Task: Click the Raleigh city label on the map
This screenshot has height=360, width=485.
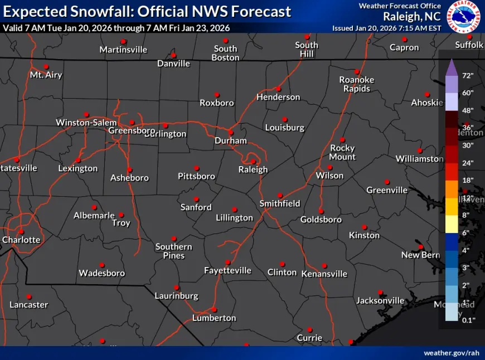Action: (253, 169)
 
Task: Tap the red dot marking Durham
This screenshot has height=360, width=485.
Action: (230, 133)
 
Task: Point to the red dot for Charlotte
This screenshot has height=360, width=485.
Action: (21, 232)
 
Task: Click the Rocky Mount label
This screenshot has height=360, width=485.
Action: (342, 152)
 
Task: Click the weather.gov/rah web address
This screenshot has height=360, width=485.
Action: (451, 353)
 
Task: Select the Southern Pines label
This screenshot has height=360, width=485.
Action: (174, 251)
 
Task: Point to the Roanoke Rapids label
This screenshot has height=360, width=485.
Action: (357, 84)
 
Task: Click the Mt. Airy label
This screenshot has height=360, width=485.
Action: (46, 75)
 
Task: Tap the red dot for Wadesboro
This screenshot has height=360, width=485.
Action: (101, 265)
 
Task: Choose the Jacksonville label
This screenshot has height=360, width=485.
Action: (380, 300)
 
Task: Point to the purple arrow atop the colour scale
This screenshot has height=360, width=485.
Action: (452, 67)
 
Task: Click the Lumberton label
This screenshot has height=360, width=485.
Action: (214, 318)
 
